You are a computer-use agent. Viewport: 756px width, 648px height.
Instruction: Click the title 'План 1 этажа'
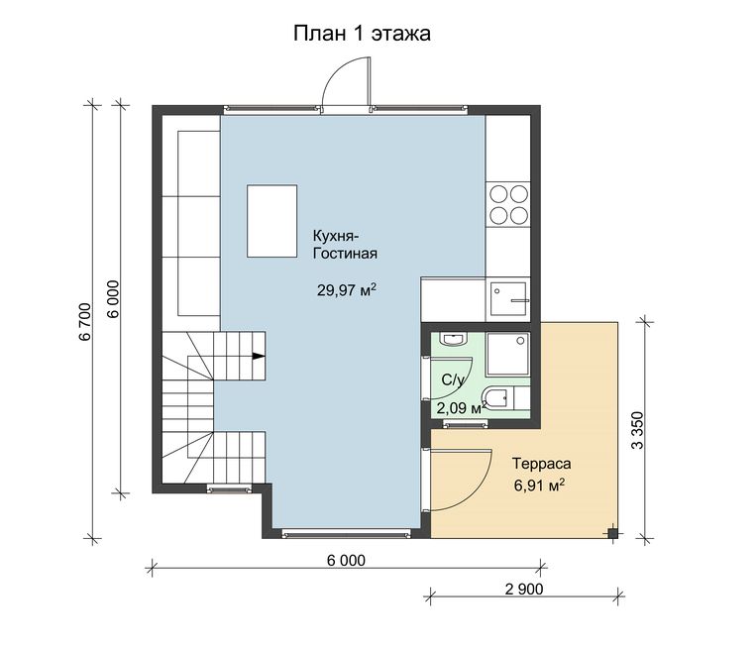[362, 34]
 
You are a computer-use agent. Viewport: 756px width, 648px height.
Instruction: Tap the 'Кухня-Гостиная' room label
[345, 245]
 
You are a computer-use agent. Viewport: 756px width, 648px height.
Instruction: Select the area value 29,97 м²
[347, 289]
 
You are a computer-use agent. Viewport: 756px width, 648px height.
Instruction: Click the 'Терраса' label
[541, 464]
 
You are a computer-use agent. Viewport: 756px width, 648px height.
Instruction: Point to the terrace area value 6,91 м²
[540, 485]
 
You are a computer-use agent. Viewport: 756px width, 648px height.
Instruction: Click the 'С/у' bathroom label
[453, 380]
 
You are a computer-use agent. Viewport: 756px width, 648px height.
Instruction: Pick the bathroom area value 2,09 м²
[459, 408]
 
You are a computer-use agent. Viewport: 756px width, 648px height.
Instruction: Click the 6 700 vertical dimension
[84, 322]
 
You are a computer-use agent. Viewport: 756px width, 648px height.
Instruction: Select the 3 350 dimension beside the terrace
[637, 430]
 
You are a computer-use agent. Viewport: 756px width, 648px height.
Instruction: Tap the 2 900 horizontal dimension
[523, 589]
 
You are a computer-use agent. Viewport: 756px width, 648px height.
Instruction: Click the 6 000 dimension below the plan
[346, 560]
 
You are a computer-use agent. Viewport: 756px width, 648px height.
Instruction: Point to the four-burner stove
[508, 205]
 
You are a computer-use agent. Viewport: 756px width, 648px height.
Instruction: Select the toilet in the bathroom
[497, 398]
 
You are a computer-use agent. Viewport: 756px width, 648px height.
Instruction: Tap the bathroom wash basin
[453, 340]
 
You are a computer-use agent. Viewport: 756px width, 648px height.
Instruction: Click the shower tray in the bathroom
[508, 355]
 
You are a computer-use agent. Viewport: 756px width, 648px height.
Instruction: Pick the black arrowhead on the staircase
[259, 357]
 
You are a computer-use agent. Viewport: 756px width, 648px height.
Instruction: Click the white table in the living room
[271, 221]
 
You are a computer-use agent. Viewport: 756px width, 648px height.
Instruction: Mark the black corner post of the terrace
[612, 533]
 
